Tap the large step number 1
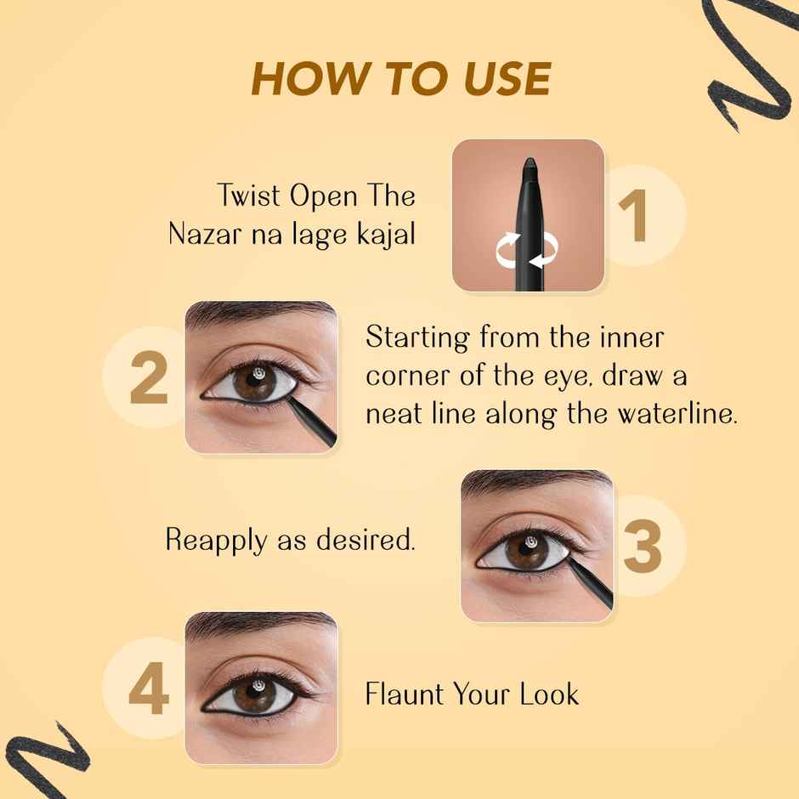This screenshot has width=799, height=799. click(x=637, y=217)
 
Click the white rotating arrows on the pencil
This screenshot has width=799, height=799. click(x=528, y=251)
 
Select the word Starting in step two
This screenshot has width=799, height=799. click(x=418, y=338)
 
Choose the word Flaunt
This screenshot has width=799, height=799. click(x=403, y=694)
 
